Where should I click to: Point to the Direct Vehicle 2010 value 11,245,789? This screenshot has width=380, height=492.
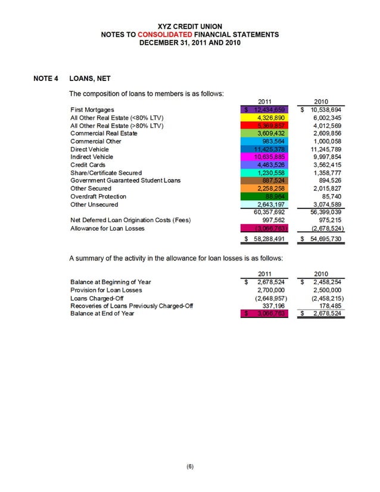326,150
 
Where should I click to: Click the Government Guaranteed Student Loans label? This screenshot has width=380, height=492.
125,180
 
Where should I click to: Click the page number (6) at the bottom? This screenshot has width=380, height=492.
189,468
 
